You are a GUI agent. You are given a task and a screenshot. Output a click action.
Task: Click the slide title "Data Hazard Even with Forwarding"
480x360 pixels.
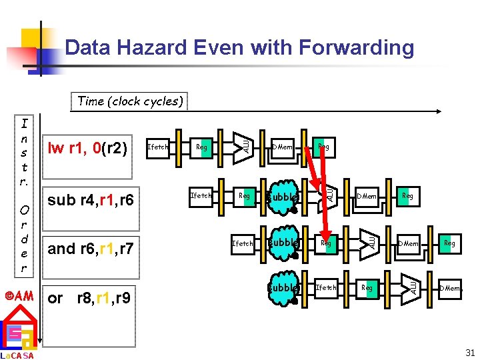tap(239, 47)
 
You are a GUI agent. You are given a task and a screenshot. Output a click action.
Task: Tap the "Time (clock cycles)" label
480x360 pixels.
tap(130, 101)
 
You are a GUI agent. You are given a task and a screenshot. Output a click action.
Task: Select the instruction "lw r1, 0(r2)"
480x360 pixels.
tap(87, 147)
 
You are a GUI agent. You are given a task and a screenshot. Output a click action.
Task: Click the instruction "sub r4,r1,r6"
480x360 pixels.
tap(90, 200)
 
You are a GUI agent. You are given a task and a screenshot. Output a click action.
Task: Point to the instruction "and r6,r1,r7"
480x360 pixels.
tap(91, 249)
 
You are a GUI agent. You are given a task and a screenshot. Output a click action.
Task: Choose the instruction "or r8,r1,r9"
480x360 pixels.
tap(89, 297)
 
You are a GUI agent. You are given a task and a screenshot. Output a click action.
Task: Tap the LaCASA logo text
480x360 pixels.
tap(17, 355)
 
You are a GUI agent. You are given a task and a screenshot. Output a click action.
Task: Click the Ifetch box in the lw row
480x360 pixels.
tap(157, 147)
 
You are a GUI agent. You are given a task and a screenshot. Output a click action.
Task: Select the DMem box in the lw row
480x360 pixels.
tap(282, 147)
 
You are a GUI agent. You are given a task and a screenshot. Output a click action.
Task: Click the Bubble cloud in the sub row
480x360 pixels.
tap(281, 197)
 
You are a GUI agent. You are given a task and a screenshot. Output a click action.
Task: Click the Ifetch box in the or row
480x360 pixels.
tap(326, 288)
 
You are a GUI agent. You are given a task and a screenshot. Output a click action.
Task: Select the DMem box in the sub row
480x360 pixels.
tap(366, 196)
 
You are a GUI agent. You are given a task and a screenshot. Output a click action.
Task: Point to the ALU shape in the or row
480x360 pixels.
tap(412, 287)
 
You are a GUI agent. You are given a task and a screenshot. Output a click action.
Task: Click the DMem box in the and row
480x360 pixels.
tap(408, 244)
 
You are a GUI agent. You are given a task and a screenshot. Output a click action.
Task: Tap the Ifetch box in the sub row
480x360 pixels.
tap(201, 196)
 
